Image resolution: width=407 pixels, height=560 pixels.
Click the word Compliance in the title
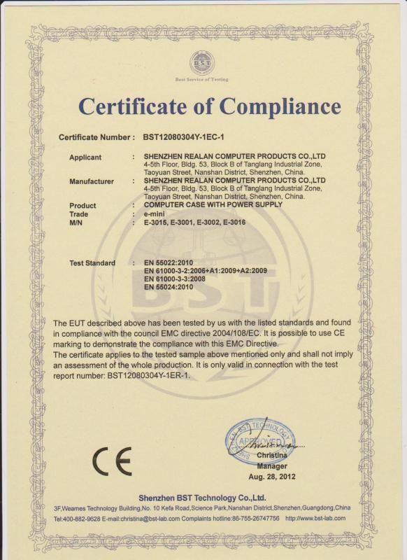point(281,106)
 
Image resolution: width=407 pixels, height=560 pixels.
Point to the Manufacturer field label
point(92,181)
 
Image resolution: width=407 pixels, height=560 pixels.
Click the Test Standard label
point(92,263)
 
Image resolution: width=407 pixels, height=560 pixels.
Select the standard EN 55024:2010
point(168,287)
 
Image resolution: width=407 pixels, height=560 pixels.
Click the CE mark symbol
point(112,461)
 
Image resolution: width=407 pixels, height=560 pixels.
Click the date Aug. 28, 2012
point(272,476)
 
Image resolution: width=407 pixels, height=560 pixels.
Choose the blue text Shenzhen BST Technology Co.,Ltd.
point(203,497)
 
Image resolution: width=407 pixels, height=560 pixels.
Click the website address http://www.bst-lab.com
point(316,518)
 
